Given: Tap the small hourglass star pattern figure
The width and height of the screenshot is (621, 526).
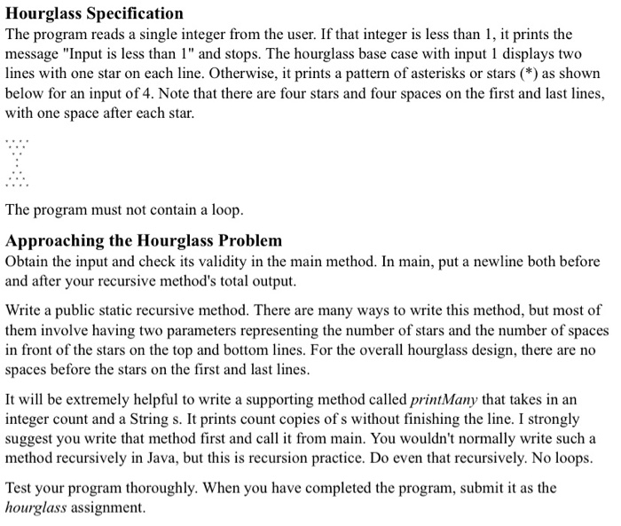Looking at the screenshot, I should click(17, 163).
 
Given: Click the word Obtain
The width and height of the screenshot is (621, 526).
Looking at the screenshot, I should click(28, 263).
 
